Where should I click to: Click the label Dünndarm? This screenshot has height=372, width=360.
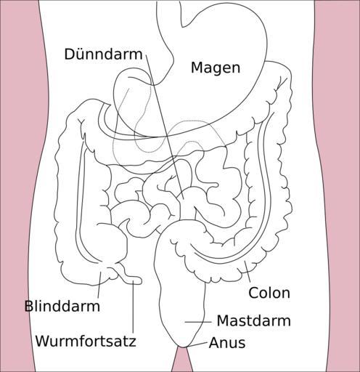tap(103, 54)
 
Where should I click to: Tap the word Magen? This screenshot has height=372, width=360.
tap(216, 68)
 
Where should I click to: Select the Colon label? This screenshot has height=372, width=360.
tap(269, 293)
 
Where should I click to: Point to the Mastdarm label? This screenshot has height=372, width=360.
tap(254, 320)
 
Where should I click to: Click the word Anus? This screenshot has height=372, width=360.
tap(227, 343)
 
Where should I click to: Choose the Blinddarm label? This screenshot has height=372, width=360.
tap(62, 306)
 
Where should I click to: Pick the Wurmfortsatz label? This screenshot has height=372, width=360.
tap(86, 341)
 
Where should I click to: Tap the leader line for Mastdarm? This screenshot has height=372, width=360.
tap(198, 322)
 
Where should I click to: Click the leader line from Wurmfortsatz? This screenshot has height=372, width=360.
tap(134, 306)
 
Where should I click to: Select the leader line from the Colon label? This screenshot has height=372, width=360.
tap(247, 272)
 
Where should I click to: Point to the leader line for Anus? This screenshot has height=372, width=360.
tap(198, 345)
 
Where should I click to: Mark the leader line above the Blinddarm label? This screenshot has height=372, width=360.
tap(99, 285)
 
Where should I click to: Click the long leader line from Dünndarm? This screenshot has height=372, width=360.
tap(165, 127)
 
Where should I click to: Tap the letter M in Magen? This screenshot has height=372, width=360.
tap(197, 68)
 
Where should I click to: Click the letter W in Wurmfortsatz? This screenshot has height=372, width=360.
tap(44, 341)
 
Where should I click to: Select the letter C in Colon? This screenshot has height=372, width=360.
tap(253, 293)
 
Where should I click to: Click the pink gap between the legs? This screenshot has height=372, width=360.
tap(182, 361)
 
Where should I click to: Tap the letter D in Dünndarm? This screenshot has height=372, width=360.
tap(70, 54)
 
